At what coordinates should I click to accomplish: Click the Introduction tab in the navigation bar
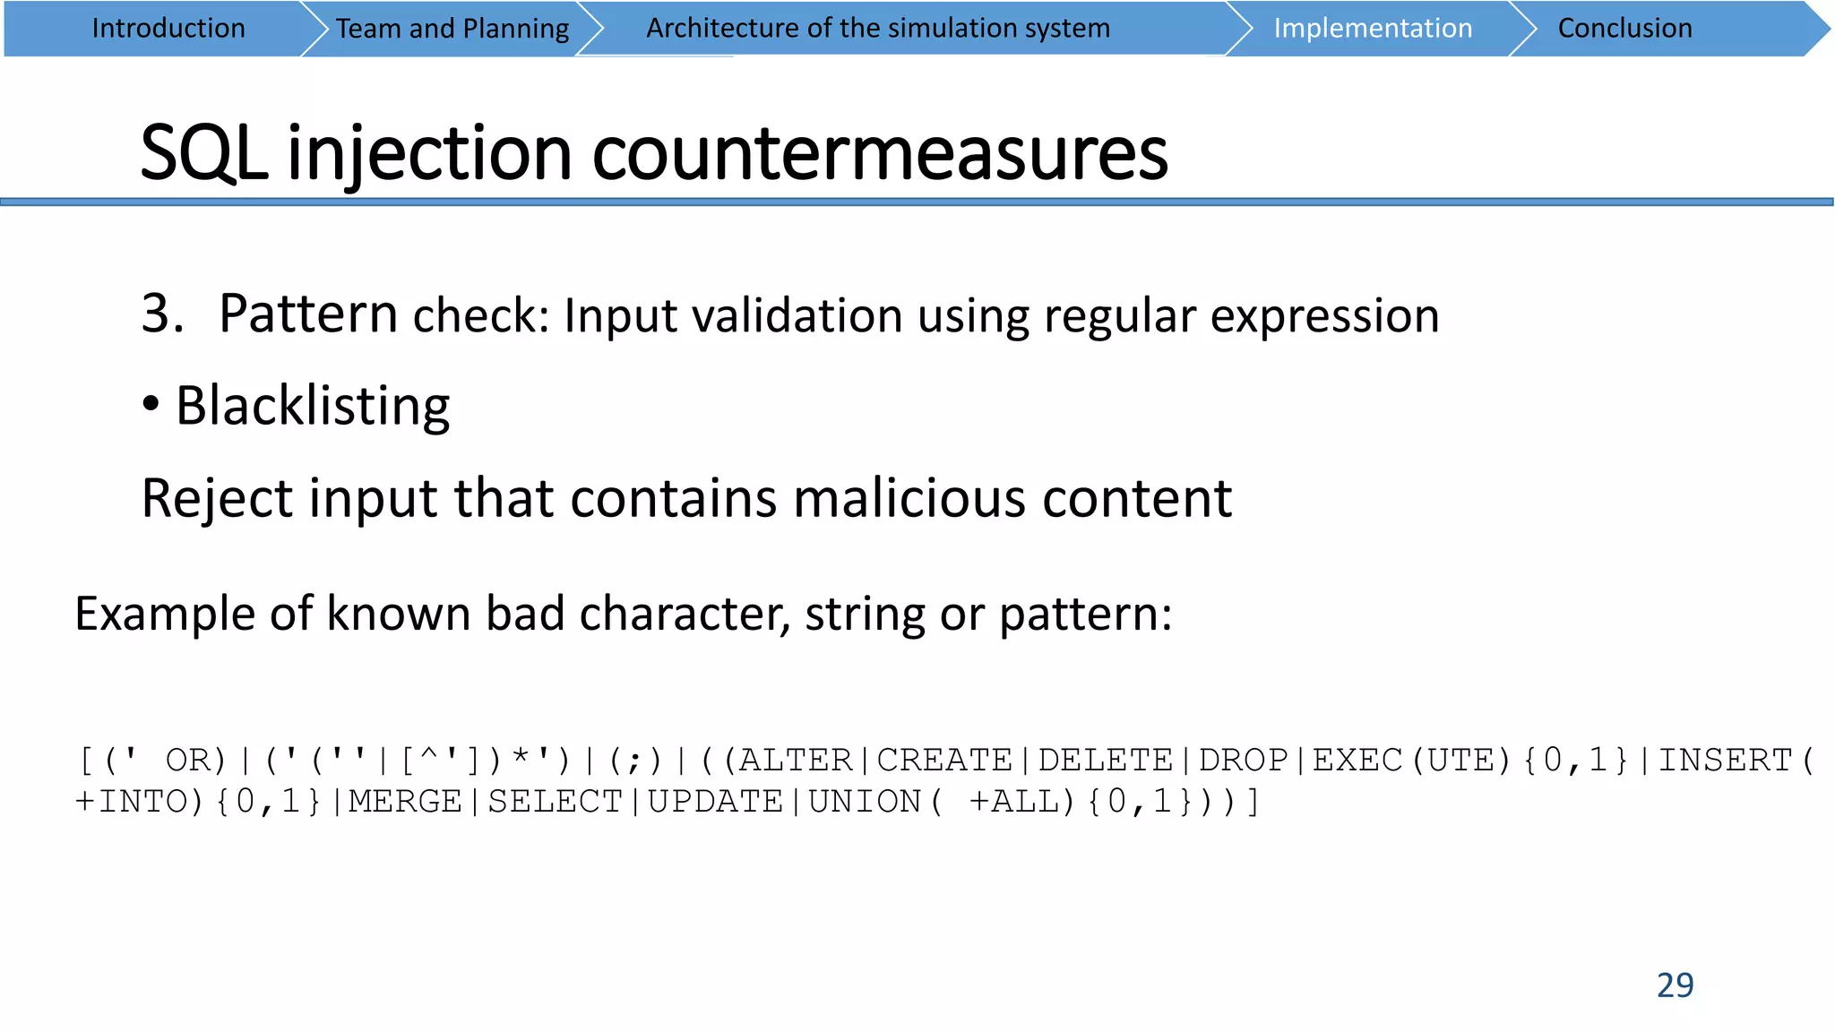pyautogui.click(x=168, y=29)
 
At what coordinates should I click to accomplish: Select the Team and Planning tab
pyautogui.click(x=452, y=29)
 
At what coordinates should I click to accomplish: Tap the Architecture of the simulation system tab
pyautogui.click(x=878, y=29)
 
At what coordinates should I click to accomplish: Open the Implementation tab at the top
pyautogui.click(x=1373, y=29)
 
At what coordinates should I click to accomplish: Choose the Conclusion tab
pyautogui.click(x=1624, y=29)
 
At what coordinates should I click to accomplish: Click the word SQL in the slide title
pyautogui.click(x=204, y=153)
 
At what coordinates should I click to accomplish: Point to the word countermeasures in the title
pyautogui.click(x=880, y=153)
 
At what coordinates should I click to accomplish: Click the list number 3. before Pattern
pyautogui.click(x=162, y=314)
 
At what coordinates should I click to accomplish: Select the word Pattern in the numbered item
pyautogui.click(x=308, y=314)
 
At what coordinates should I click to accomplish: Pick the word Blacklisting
pyautogui.click(x=313, y=406)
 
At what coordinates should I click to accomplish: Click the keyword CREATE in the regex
pyautogui.click(x=944, y=761)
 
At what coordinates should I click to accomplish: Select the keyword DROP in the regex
pyautogui.click(x=1244, y=761)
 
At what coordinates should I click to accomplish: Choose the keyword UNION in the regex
pyautogui.click(x=865, y=802)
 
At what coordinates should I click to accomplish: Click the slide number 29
pyautogui.click(x=1675, y=985)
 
